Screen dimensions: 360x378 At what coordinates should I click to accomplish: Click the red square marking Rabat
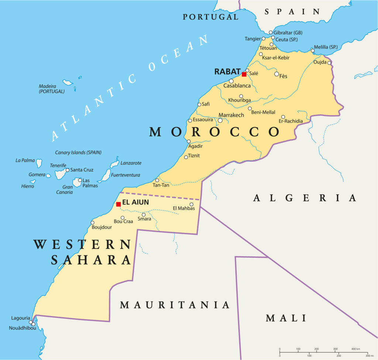[244, 74]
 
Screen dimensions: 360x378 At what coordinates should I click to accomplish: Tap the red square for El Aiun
[118, 204]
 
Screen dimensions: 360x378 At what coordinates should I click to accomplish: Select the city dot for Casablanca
[231, 81]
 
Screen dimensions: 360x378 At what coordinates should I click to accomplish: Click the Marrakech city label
[231, 115]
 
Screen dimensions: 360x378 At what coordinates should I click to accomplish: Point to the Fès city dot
[276, 74]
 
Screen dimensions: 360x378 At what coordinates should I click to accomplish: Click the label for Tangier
[252, 39]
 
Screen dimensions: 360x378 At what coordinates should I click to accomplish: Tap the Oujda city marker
[329, 63]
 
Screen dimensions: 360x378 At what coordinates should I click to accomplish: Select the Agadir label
[196, 146]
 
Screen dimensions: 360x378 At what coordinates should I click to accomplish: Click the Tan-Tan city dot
[157, 180]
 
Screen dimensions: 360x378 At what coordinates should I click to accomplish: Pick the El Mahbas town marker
[192, 204]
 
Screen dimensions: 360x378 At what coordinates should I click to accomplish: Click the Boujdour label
[102, 227]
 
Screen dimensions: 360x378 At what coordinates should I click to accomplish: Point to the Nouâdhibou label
[23, 328]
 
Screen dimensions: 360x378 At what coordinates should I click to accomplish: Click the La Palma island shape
[39, 163]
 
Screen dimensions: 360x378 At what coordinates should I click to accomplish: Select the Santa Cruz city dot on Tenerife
[67, 170]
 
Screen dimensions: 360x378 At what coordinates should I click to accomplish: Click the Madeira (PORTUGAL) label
[52, 89]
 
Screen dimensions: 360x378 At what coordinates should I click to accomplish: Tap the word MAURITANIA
[175, 305]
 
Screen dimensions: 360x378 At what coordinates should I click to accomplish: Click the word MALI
[286, 318]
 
